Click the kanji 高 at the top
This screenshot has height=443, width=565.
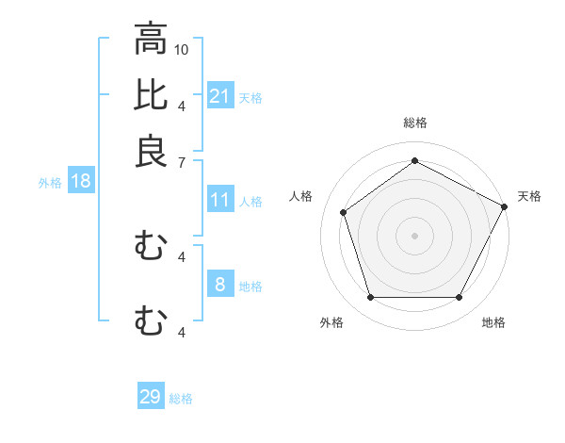151,40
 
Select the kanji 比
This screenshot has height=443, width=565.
151,95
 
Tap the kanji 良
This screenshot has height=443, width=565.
151,150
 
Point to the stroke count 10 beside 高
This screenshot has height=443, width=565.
183,49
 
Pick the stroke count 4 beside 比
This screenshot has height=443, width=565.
181,105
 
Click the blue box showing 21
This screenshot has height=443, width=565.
220,95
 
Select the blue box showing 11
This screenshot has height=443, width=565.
220,200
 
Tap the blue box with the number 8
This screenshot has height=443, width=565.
220,284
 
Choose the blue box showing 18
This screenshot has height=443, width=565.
81,181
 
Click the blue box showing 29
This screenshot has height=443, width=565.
151,397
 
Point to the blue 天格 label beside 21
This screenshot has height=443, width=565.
250,97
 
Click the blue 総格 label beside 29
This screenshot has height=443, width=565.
181,399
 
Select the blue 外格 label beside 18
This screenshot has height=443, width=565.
49,183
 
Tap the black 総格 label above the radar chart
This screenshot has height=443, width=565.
415,123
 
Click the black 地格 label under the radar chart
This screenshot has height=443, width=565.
493,322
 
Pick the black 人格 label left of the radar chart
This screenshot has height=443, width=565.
301,196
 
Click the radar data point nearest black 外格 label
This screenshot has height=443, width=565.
370,298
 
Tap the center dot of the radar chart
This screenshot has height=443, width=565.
415,235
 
